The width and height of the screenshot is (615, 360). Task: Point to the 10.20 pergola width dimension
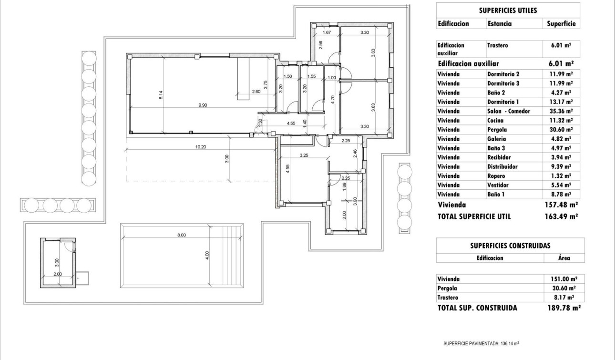pos(201,147)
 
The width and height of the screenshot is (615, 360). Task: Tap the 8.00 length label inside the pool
pos(181,235)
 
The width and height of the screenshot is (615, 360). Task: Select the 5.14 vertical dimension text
pos(161,95)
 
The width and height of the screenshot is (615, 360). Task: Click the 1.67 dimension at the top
pos(327,32)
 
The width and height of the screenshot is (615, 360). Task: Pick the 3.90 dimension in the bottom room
pos(354,202)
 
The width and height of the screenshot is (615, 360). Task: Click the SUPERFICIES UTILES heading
pos(508,10)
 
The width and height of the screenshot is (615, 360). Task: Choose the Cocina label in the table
pos(496,120)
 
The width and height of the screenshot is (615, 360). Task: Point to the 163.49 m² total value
pos(561,216)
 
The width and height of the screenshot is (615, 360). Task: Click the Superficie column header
pos(561,23)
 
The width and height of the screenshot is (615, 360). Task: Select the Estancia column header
pos(500,23)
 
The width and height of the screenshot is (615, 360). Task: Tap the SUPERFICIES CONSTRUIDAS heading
pos(510,246)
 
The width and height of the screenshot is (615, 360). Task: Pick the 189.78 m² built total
pos(563,308)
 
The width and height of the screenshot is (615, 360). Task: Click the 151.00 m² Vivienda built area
pos(560,279)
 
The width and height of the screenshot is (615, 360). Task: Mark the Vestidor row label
pos(498,185)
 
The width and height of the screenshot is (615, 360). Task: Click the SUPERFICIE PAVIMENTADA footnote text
pos(484,343)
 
